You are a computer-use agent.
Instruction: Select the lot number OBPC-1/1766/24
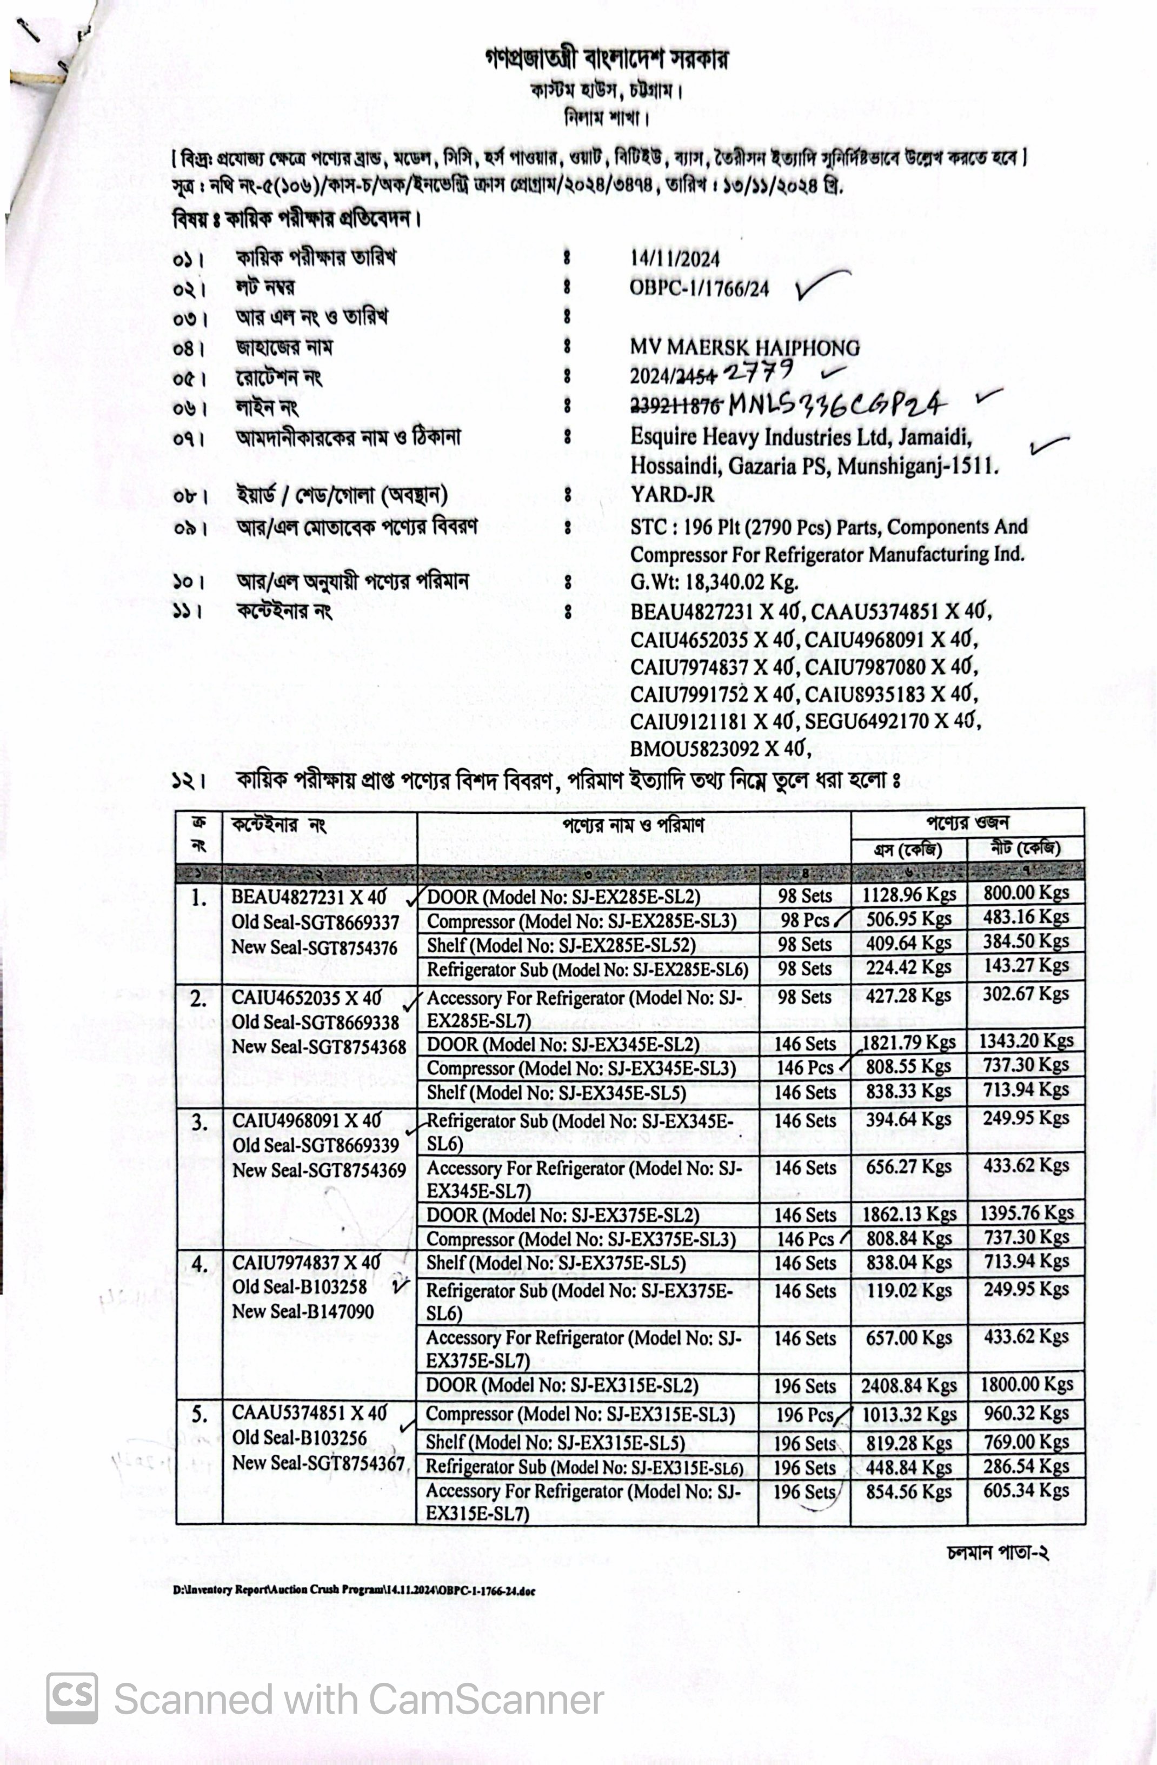click(x=699, y=288)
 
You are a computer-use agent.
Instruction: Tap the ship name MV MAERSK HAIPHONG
click(x=744, y=347)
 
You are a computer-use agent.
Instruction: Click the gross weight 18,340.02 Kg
click(x=714, y=582)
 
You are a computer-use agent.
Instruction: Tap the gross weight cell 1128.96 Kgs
click(x=908, y=896)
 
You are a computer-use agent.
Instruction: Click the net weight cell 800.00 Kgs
click(x=1026, y=894)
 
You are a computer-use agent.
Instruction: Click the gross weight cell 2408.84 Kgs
click(x=908, y=1385)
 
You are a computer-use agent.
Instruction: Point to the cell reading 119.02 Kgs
click(x=908, y=1291)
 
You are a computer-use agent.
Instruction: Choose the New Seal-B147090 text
click(x=303, y=1311)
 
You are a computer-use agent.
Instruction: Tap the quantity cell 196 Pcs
click(x=804, y=1415)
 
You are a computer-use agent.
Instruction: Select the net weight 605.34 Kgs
click(x=1026, y=1491)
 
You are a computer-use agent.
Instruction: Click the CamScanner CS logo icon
click(x=72, y=1697)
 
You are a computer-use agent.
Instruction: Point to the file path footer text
click(x=354, y=1591)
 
